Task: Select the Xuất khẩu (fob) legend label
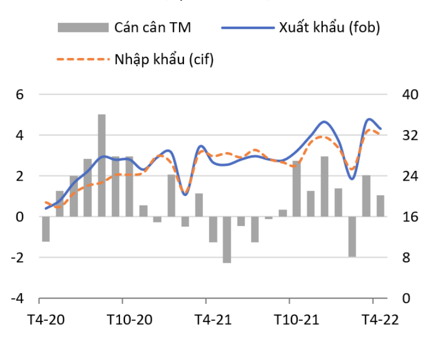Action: click(x=329, y=28)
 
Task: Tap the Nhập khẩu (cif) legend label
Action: click(x=164, y=59)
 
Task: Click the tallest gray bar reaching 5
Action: click(x=102, y=165)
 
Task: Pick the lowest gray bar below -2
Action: click(x=227, y=240)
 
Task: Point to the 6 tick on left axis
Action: click(x=19, y=94)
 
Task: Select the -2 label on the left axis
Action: click(x=18, y=257)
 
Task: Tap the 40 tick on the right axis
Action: click(x=410, y=94)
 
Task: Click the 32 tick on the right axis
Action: click(x=410, y=135)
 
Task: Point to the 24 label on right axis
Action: click(x=410, y=176)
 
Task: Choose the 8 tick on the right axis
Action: click(x=407, y=257)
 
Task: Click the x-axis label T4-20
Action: click(x=46, y=319)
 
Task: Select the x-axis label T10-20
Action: click(x=130, y=319)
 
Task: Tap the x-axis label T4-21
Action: click(x=212, y=319)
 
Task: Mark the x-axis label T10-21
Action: click(x=297, y=319)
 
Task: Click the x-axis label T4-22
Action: click(x=380, y=319)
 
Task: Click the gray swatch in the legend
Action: click(x=82, y=28)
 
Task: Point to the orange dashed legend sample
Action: click(x=82, y=59)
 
